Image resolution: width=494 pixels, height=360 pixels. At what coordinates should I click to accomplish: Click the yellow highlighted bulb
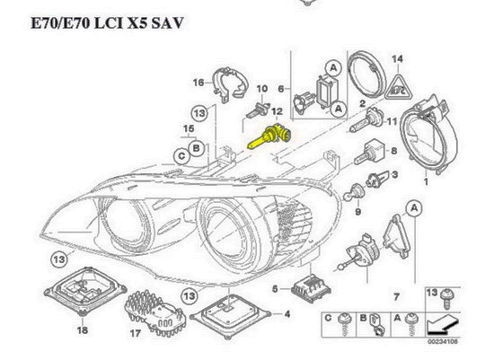click(269, 137)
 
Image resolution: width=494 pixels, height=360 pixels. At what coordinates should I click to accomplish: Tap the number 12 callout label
click(277, 111)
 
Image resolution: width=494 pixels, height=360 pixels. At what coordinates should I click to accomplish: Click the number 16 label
click(198, 83)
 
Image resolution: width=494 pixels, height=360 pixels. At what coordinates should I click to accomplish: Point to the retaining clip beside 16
click(230, 83)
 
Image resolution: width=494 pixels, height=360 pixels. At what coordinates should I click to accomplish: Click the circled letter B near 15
click(197, 148)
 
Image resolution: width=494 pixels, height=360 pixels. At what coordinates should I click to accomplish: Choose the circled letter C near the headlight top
click(181, 156)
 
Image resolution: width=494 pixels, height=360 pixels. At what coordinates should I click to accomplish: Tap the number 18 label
click(83, 330)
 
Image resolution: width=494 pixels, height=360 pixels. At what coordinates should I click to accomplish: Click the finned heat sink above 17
click(155, 312)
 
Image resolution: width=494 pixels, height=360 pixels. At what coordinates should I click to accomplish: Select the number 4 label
click(287, 314)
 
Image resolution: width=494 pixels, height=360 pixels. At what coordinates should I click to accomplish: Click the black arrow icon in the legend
click(441, 326)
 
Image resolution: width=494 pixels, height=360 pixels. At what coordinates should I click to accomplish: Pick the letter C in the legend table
click(328, 318)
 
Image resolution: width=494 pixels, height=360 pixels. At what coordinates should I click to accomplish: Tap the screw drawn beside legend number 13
click(447, 298)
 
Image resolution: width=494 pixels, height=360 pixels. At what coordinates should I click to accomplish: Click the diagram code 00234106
click(443, 341)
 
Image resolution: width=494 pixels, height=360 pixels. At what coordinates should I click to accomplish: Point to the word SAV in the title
click(167, 23)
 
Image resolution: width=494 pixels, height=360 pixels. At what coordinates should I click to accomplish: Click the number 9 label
click(357, 212)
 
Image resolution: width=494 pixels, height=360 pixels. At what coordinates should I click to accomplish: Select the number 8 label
click(393, 151)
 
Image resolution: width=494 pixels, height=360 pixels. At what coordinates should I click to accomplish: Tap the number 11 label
click(392, 121)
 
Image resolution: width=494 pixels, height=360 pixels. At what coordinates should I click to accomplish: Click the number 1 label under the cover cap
click(426, 181)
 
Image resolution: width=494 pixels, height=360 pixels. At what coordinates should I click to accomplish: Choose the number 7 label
click(396, 296)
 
